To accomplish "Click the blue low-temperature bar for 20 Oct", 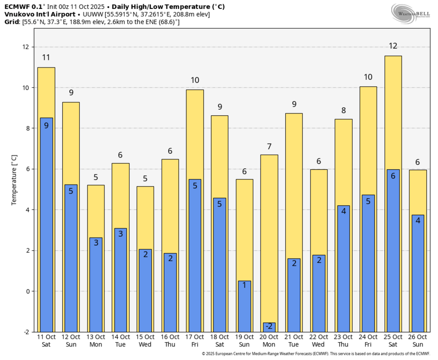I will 269,327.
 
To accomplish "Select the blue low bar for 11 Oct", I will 46,225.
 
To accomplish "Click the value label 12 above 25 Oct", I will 393,46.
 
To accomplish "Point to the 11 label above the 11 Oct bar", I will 46,58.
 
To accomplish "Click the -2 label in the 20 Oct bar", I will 269,326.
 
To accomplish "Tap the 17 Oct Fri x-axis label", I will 195,340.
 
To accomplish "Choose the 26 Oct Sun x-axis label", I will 418,340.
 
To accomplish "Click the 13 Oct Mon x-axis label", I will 96,340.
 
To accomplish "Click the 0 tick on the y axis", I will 28,291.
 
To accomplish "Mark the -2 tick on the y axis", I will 26,332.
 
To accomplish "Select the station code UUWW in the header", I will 92,14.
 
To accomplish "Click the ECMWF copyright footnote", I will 315,354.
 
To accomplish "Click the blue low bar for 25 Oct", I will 393,251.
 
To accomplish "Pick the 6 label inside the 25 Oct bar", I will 393,176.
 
